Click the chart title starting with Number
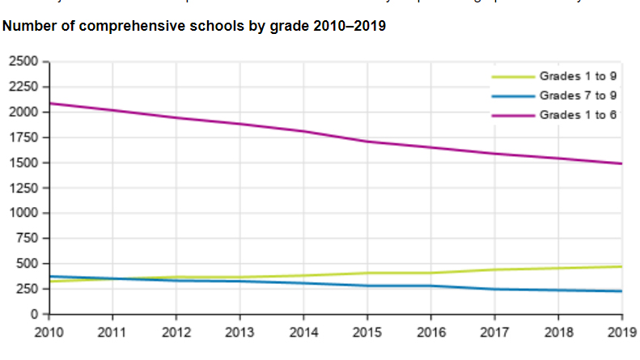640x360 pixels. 194,27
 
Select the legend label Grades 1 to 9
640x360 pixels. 578,77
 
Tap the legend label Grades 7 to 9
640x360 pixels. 578,96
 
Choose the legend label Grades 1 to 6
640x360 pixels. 578,116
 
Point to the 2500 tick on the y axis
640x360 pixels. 23,61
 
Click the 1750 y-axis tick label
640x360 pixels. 23,138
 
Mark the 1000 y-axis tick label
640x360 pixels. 23,213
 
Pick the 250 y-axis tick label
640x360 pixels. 27,289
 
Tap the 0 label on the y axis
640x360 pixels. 35,314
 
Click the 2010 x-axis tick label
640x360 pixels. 50,332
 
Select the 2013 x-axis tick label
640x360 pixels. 240,332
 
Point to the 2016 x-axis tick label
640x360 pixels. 431,332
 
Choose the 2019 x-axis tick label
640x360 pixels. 621,332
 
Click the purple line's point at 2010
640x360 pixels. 50,104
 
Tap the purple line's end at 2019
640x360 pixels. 621,163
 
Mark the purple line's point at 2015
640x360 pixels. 367,142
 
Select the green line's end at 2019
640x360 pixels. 621,266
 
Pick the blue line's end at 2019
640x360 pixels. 621,291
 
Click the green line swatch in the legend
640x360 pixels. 513,77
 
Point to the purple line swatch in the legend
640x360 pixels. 513,116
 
